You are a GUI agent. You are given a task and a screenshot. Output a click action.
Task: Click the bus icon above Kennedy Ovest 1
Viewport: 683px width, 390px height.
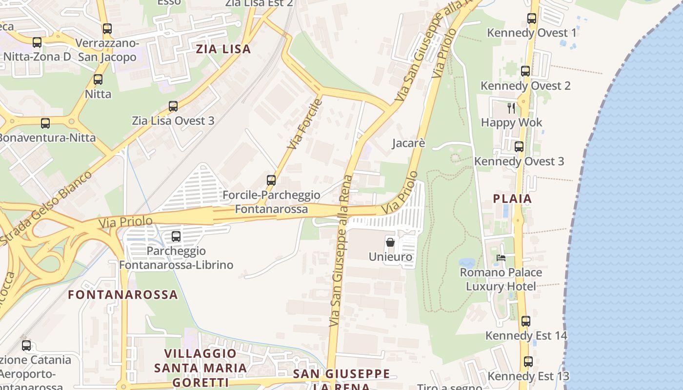click(532, 19)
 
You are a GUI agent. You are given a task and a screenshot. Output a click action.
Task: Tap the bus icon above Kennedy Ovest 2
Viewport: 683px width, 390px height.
click(525, 71)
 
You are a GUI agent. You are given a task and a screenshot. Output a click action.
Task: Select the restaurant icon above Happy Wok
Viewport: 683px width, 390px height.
click(511, 108)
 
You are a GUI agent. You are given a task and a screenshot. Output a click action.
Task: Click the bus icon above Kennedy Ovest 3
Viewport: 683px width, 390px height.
click(519, 147)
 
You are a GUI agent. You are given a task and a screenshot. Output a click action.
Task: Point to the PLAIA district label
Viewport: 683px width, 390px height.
click(512, 199)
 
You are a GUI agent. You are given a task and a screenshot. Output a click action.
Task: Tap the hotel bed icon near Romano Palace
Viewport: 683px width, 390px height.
click(501, 258)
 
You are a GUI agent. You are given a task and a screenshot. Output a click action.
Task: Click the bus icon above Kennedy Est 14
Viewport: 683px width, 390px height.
click(526, 321)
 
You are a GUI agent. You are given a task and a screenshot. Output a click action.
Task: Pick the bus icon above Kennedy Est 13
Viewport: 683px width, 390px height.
click(528, 362)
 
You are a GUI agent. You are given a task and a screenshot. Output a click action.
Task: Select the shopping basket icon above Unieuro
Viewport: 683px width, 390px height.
click(390, 242)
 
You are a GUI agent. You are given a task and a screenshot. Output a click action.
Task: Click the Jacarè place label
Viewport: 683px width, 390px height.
click(409, 143)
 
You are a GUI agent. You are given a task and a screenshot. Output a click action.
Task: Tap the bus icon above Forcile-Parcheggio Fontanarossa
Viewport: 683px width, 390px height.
click(271, 180)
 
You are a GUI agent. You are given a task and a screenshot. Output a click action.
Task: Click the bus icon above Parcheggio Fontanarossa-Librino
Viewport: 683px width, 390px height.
click(176, 236)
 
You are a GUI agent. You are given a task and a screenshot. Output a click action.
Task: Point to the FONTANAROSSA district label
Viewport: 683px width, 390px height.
click(123, 294)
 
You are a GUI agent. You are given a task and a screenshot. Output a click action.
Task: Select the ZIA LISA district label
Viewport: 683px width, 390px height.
click(223, 49)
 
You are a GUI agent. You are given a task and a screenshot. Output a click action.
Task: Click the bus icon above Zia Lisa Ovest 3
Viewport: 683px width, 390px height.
click(173, 106)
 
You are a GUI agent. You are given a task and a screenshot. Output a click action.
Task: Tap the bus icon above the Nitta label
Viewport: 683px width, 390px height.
click(98, 79)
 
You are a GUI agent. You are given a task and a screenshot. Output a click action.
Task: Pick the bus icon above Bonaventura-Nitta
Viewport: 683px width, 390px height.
click(45, 123)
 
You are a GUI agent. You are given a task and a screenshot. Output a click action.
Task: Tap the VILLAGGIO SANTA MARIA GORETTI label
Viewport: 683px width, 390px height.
click(201, 368)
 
